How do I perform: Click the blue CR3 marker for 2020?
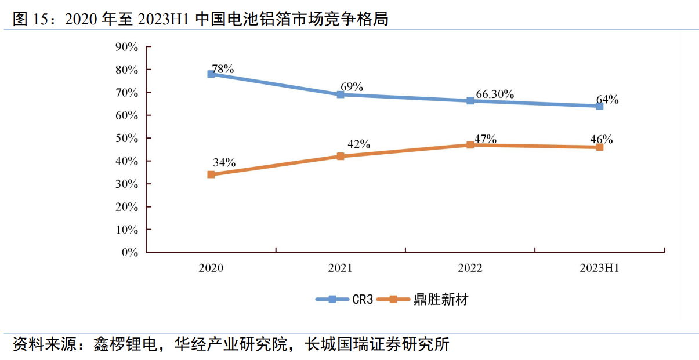[x=211, y=74]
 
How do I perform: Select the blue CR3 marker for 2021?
[x=341, y=94]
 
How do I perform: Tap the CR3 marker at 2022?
[x=470, y=101]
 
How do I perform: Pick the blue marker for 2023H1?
[x=599, y=106]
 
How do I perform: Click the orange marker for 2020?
[x=211, y=174]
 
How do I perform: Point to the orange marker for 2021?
[x=341, y=156]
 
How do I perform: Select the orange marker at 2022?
[x=470, y=145]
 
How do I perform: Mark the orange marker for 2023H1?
[x=599, y=147]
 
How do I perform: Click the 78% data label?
[x=223, y=69]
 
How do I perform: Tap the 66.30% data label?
[x=495, y=94]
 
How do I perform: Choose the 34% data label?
[x=224, y=163]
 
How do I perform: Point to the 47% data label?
[x=485, y=139]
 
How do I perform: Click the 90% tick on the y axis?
[x=126, y=47]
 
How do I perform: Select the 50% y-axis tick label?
[x=126, y=139]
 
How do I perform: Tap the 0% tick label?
[x=129, y=253]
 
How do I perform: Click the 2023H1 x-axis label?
[x=599, y=268]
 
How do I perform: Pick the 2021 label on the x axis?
[x=341, y=268]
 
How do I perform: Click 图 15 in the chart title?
[x=29, y=19]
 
